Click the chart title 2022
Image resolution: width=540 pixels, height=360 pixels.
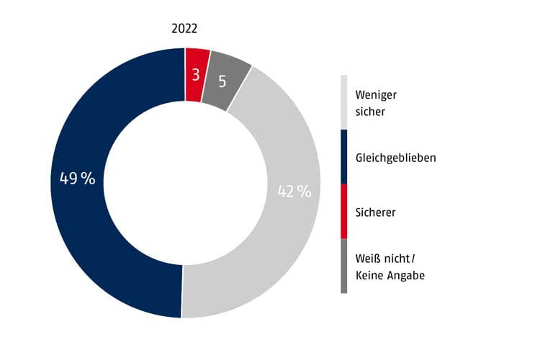(184, 29)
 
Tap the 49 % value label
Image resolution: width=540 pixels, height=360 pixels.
(78, 179)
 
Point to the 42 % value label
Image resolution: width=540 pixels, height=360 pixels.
(294, 192)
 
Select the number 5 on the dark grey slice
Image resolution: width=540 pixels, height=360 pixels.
(222, 81)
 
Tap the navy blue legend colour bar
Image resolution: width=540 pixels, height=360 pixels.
(343, 157)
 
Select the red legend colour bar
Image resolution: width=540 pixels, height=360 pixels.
(343, 212)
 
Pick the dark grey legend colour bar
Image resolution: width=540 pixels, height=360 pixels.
(343, 266)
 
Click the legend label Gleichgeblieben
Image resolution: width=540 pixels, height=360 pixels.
(395, 158)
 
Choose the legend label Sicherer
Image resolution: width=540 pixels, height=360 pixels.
(375, 212)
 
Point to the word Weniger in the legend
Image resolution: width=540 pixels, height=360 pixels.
(376, 95)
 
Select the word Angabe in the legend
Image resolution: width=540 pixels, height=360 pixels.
(406, 275)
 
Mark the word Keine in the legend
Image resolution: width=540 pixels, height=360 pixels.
(370, 275)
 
